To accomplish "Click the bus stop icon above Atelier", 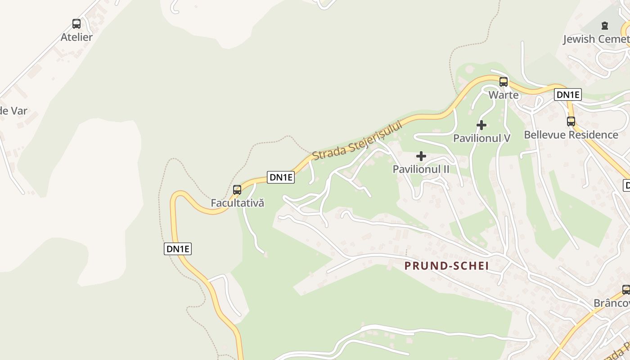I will click(76, 24).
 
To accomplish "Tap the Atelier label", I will click(76, 37).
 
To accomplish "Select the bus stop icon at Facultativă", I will click(237, 190).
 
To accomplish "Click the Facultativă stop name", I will click(237, 203).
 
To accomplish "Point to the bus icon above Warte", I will click(504, 82).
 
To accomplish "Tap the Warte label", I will click(504, 95).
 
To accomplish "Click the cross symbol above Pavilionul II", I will click(421, 156).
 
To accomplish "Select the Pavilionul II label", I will click(421, 169).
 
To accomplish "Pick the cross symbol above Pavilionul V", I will click(481, 125).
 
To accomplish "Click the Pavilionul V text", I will click(481, 138).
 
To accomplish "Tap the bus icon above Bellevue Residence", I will click(571, 121).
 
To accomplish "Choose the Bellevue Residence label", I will click(571, 135).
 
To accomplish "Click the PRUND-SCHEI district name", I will click(446, 266).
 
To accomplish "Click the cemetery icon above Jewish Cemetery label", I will click(605, 26).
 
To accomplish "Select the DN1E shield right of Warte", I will click(568, 94).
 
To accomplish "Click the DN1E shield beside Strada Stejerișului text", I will click(281, 177).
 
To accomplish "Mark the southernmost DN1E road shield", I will click(178, 249).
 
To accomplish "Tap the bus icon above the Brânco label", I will click(626, 289).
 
